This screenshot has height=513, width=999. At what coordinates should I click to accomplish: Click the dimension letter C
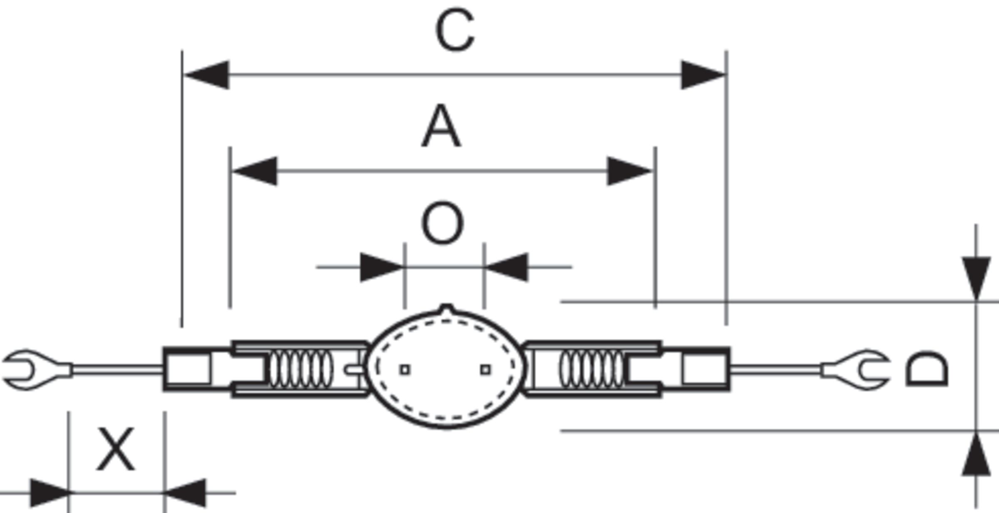click(455, 30)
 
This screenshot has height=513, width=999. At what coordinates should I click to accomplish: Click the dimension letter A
click(441, 126)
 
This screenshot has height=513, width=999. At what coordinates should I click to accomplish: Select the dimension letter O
click(442, 223)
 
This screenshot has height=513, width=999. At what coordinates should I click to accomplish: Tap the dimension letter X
click(116, 449)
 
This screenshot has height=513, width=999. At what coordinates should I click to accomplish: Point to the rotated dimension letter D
click(927, 369)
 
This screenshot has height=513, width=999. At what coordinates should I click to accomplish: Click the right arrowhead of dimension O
click(508, 267)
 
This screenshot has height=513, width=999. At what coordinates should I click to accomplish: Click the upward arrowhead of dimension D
click(976, 455)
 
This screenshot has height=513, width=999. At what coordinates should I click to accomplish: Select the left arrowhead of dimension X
click(49, 493)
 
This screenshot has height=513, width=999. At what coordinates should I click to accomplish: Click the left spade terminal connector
click(29, 370)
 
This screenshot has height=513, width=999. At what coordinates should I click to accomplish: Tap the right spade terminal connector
click(862, 370)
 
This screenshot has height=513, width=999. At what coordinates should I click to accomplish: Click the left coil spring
click(301, 369)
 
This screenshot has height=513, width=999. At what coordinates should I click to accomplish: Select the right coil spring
click(592, 369)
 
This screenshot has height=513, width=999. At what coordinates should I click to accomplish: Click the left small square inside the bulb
click(405, 369)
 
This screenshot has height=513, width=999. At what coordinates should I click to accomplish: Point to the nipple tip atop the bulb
click(446, 309)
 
